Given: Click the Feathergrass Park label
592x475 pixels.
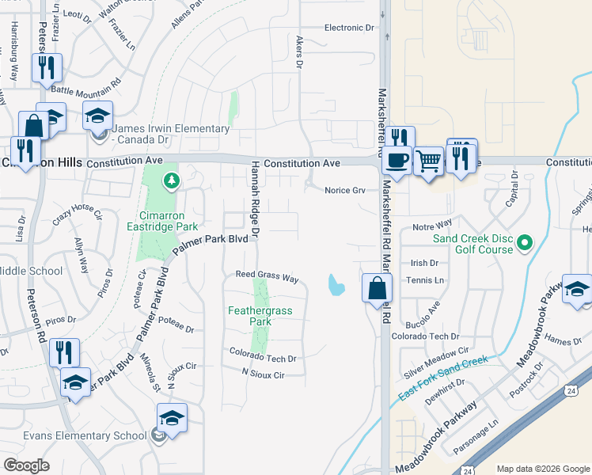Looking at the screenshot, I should tap(260, 317).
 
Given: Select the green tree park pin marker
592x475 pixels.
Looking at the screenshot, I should tap(171, 182).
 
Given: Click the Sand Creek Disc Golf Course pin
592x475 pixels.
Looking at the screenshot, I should tap(523, 243).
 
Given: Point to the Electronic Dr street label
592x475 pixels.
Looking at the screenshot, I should tap(349, 28).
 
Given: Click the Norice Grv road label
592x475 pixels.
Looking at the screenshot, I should tap(344, 190).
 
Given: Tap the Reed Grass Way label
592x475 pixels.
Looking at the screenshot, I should tap(267, 278).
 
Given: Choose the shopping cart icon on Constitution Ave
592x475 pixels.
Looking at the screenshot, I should tap(428, 161).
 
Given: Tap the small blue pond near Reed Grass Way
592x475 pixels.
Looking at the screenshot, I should tap(336, 283).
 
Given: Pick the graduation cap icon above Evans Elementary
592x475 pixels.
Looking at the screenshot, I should tap(172, 417).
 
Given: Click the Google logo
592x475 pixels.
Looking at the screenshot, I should tap(27, 465).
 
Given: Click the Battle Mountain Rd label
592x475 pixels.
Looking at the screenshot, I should tap(85, 82).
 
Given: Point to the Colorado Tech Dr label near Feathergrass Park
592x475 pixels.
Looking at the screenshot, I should tap(263, 359).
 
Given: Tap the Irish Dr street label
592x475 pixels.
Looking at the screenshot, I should tap(424, 263).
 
